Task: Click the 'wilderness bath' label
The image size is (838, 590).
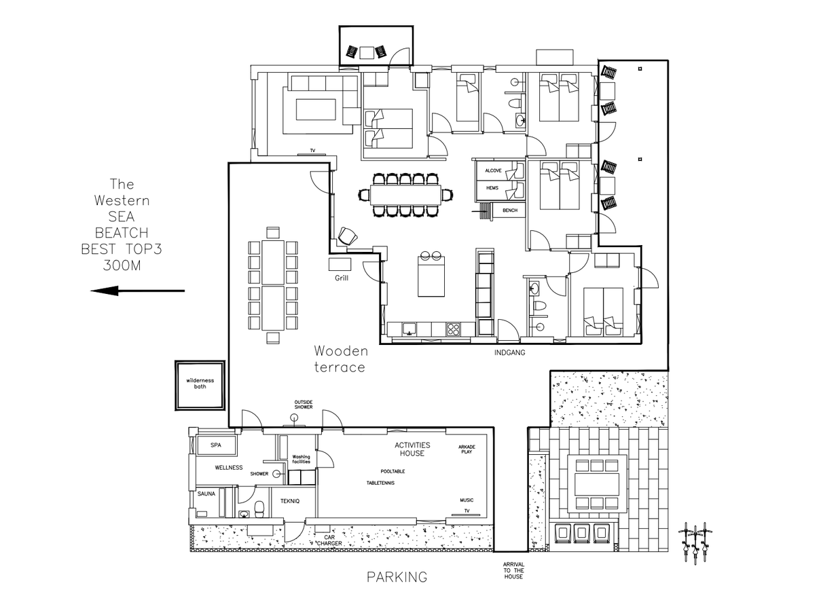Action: [x=200, y=384]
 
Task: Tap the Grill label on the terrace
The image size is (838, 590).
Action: [x=342, y=278]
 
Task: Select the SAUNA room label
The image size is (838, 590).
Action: [x=206, y=494]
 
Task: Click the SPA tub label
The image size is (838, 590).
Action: [x=216, y=445]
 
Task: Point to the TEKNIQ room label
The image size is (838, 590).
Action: [x=290, y=501]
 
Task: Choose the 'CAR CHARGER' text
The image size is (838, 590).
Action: [x=329, y=540]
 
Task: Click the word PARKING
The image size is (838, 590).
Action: [x=397, y=577]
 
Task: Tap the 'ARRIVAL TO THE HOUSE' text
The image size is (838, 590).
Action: [x=513, y=570]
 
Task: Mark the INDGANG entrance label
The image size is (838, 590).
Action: [x=509, y=352]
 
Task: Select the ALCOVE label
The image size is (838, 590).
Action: [x=493, y=170]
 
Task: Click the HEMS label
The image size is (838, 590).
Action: [x=492, y=188]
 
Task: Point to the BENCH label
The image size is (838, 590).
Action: [x=510, y=210]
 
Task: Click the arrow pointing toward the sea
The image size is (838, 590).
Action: [x=138, y=291]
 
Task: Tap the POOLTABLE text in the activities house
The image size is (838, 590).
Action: [x=393, y=471]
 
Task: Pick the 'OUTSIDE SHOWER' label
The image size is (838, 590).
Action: [x=304, y=405]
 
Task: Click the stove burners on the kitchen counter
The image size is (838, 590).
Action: [x=453, y=329]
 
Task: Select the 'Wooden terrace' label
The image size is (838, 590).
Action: [x=341, y=359]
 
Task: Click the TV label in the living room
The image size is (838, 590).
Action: [x=312, y=151]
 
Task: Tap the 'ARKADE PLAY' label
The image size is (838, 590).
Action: [x=467, y=449]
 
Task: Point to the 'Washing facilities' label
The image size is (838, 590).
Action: [x=301, y=459]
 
